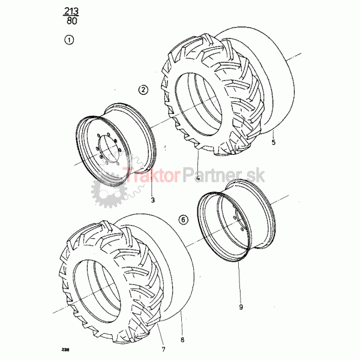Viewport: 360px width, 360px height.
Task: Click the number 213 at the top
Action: (71, 11)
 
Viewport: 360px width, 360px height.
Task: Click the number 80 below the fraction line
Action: (72, 21)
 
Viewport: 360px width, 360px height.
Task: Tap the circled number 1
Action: (69, 40)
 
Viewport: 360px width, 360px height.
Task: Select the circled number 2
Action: (143, 89)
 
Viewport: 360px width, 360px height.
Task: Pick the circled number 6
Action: (183, 220)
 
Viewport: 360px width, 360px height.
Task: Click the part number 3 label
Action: (153, 200)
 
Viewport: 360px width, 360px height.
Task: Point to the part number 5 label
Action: (273, 142)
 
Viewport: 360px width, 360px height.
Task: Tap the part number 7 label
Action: (163, 349)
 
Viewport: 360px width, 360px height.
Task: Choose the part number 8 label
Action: (182, 340)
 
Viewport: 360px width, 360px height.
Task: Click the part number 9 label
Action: (241, 307)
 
